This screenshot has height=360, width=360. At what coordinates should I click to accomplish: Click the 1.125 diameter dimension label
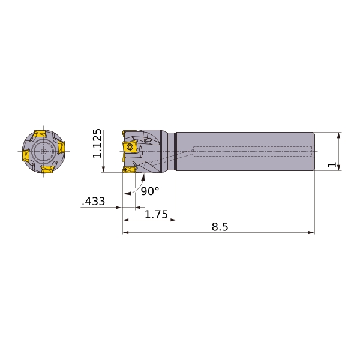pyautogui.click(x=97, y=143)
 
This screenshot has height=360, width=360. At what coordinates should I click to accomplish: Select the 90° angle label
pyautogui.click(x=149, y=191)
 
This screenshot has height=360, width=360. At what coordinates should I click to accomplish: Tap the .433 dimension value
pyautogui.click(x=94, y=202)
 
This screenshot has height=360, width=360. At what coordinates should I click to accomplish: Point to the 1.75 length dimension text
pyautogui.click(x=156, y=214)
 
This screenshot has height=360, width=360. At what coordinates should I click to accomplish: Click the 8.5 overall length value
pyautogui.click(x=220, y=227)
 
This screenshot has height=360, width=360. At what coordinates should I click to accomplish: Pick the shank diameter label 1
pyautogui.click(x=332, y=164)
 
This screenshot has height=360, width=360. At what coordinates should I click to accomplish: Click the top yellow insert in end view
pyautogui.click(x=40, y=134)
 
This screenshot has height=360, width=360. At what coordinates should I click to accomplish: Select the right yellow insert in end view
pyautogui.click(x=61, y=147)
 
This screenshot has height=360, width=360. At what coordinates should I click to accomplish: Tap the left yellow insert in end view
pyautogui.click(x=25, y=155)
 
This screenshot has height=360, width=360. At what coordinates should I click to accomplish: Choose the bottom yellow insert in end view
pyautogui.click(x=47, y=169)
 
